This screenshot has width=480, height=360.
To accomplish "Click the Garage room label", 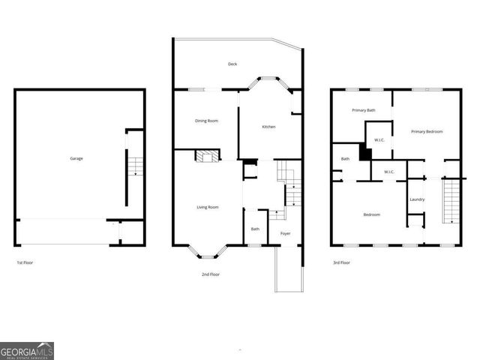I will point(76,158).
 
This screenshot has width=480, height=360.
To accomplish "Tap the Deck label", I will point(233,64).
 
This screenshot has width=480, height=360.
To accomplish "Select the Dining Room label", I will point(206,121).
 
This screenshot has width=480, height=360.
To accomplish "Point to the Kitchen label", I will point(268,127).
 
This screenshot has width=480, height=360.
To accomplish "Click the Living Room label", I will point(207,207).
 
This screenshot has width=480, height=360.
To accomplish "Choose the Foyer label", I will point(286,233).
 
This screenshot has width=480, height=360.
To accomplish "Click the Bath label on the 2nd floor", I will point(255,229).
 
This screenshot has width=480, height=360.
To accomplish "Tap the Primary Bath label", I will point(364,110).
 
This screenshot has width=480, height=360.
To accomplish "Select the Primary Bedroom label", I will point(427,131).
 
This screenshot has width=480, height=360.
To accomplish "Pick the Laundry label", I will point(417,199).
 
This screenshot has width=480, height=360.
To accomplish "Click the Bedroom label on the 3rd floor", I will point(372,214).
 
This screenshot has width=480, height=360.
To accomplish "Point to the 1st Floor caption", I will point(25,262).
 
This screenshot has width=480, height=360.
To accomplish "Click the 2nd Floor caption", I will point(211,274).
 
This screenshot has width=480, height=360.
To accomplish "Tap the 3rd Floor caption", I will point(341,262).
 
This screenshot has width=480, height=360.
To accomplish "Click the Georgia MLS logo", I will point(27,351).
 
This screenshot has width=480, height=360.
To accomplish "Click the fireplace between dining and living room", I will point(208,156).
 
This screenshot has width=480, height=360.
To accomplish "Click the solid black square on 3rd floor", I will point(365,152).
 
